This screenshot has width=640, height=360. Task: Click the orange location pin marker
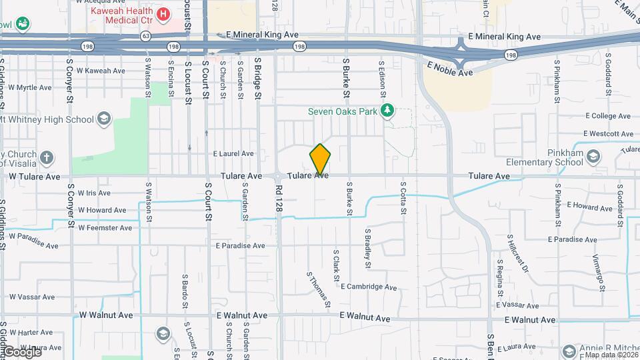321,159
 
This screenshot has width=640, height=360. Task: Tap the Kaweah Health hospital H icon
162,13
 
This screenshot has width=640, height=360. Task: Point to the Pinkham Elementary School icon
593,156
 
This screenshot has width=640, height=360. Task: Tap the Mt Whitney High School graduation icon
103,119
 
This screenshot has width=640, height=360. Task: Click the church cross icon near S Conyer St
46,158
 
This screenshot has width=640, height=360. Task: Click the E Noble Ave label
450,68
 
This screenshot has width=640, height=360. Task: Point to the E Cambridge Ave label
369,287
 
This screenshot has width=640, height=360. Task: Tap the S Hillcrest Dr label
517,253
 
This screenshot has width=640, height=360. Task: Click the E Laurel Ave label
233,153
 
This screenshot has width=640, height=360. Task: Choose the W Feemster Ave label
105,228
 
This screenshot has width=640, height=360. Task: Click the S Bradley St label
367,248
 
